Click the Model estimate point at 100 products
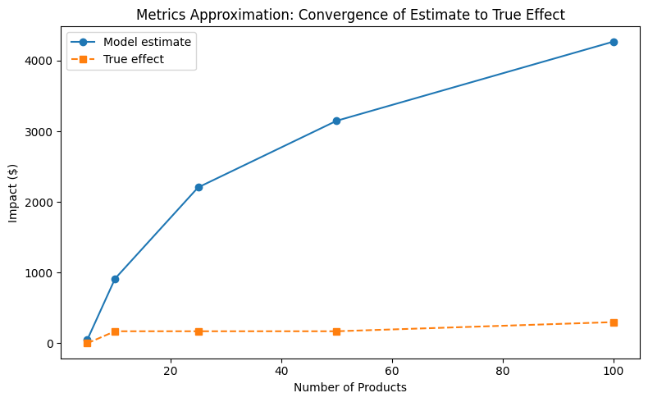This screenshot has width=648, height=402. tap(614, 42)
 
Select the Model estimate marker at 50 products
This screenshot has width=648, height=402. tap(336, 121)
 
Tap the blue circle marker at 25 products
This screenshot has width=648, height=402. tap(199, 187)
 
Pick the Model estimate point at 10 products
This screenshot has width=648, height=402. tap(115, 279)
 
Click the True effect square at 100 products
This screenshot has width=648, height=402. tap(614, 322)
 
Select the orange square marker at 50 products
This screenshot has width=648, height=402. tap(336, 331)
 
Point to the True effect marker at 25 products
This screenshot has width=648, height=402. tap(199, 331)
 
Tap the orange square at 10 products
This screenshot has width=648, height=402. tap(115, 331)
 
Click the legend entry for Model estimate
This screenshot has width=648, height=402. tap(153, 42)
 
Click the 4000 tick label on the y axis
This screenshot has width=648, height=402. tap(40, 62)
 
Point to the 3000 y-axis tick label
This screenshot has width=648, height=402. tap(40, 132)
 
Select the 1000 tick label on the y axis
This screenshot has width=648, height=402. tap(40, 273)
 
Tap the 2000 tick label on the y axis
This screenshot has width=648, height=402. tap(40, 203)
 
